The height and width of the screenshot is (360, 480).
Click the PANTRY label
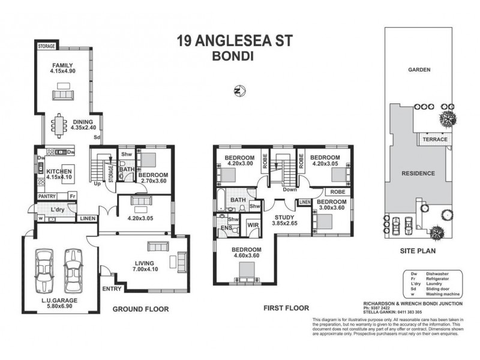[x=47, y=196]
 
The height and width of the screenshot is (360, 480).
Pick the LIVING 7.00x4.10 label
[x=145, y=266]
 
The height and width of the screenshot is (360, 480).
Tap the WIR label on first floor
[x=253, y=226]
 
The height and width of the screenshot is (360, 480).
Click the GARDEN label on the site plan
[x=419, y=70]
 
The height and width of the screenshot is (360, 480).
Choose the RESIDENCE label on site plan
[x=418, y=173]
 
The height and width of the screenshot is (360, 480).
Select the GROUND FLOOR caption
[x=140, y=309]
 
